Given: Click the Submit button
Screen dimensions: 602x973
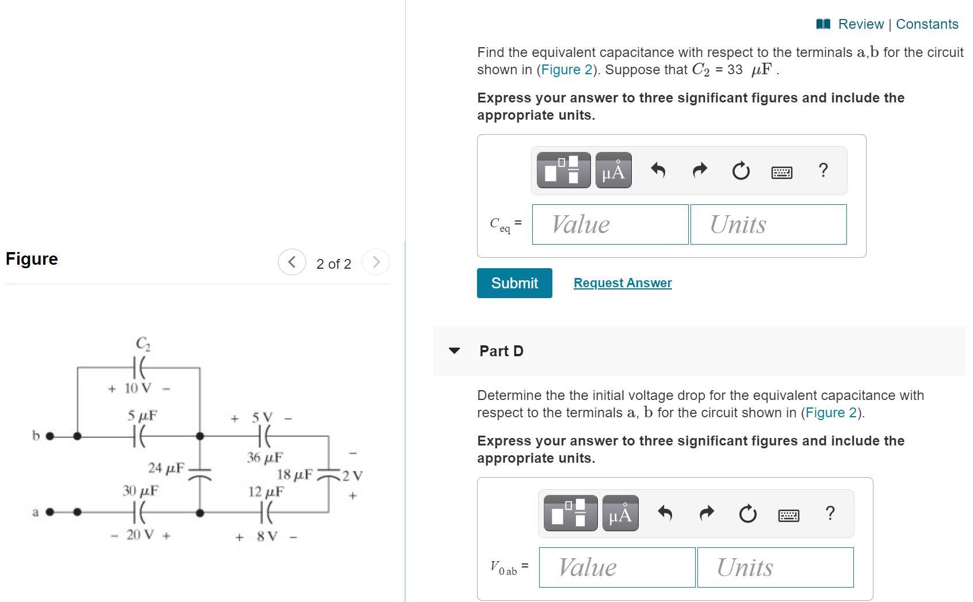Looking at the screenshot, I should pyautogui.click(x=514, y=283).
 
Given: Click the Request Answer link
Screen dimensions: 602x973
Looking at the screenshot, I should pyautogui.click(x=622, y=283).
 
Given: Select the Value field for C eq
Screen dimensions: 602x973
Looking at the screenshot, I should pyautogui.click(x=610, y=224).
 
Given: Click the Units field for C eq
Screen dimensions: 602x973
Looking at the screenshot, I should pyautogui.click(x=768, y=224).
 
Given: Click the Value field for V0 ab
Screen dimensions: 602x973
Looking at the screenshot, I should pyautogui.click(x=617, y=567).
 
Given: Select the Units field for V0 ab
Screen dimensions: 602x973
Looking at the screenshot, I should pyautogui.click(x=775, y=567).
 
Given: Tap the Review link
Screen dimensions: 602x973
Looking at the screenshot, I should pyautogui.click(x=860, y=24).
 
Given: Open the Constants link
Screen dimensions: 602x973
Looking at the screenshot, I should pyautogui.click(x=927, y=24).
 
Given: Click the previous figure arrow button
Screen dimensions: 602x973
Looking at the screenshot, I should pyautogui.click(x=292, y=262).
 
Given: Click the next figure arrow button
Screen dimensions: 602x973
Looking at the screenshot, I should pyautogui.click(x=376, y=262).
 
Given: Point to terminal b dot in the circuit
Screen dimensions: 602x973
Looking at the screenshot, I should pyautogui.click(x=49, y=436).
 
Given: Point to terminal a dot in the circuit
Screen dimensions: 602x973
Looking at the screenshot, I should pyautogui.click(x=49, y=512).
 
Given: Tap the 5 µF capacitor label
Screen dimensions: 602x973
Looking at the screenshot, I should pyautogui.click(x=142, y=415).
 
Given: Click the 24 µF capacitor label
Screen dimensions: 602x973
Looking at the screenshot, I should pyautogui.click(x=166, y=468).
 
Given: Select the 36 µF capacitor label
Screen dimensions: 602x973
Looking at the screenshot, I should pyautogui.click(x=265, y=458).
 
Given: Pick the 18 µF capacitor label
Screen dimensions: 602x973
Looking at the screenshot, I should pyautogui.click(x=295, y=475).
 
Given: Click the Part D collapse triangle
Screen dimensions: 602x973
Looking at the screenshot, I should pyautogui.click(x=454, y=350).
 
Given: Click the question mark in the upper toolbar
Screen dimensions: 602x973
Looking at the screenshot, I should pyautogui.click(x=823, y=170).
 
